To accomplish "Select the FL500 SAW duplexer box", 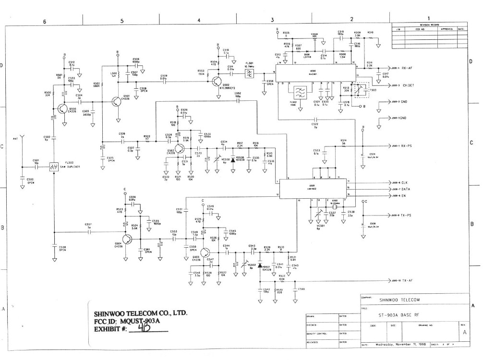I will [54, 167].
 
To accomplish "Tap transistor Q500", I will [62, 109].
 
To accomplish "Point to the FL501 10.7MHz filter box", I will [250, 73].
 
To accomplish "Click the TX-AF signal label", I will [408, 280].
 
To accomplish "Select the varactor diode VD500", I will [232, 159].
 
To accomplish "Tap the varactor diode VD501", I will [260, 265].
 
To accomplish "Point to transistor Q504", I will [128, 239].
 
